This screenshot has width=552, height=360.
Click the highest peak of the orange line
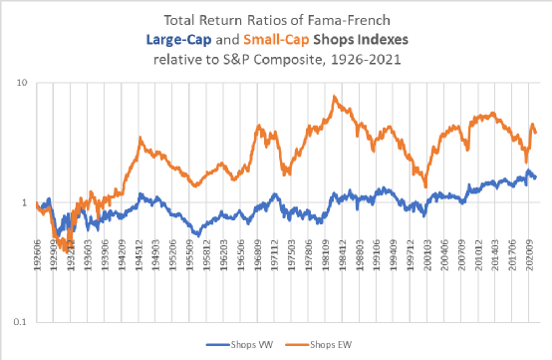click(335, 97)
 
